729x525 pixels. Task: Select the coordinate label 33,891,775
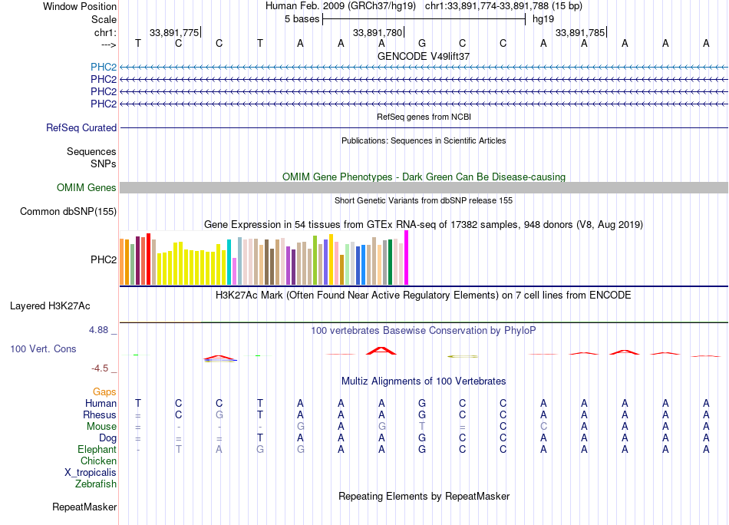coord(174,32)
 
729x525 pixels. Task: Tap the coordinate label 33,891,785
coord(579,32)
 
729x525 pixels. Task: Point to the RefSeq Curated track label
coord(81,128)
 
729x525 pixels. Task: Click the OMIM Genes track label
coord(87,188)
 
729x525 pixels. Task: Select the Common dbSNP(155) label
coord(68,212)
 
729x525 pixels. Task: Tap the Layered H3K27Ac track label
coord(50,305)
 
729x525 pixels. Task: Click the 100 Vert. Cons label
coord(43,348)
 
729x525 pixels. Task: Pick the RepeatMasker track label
coord(84,507)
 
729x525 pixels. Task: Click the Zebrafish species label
coord(96,484)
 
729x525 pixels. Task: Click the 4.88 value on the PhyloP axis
coord(103,330)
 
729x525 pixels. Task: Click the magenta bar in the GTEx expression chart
coord(407,258)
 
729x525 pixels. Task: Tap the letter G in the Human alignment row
coord(421,403)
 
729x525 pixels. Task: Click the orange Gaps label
coord(104,391)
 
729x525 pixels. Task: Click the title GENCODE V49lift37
coord(424,56)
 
